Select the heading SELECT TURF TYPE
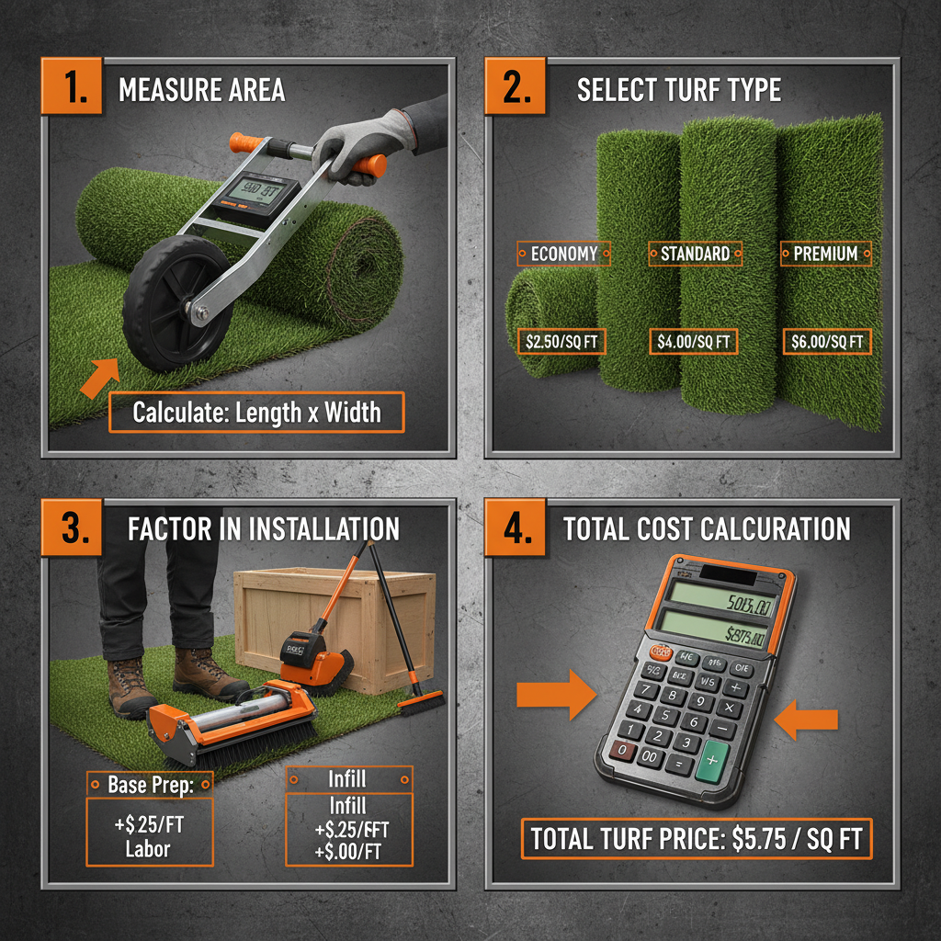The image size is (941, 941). point(678,90)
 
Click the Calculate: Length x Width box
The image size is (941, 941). point(256,412)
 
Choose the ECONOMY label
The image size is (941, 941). point(564,254)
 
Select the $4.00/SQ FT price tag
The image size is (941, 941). point(695,342)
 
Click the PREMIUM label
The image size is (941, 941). point(824,254)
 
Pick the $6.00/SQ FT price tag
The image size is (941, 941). point(827,342)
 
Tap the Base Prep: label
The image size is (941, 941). point(148,784)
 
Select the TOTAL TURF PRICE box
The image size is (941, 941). point(696,838)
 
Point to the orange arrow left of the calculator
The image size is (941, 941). point(556,694)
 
